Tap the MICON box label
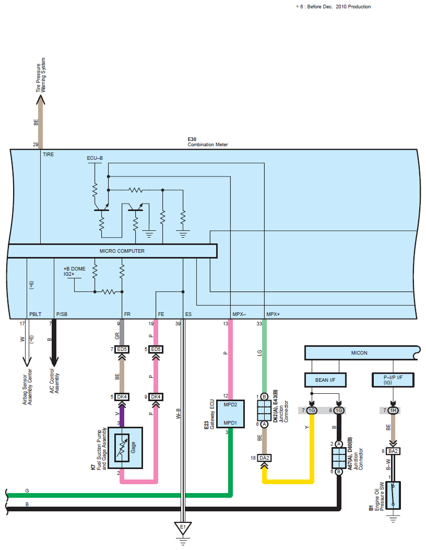coord(359,353)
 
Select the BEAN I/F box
coord(325,380)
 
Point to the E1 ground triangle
coord(183,527)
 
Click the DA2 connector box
coord(264,458)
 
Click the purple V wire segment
coord(121,414)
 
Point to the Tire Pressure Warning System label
coord(41,75)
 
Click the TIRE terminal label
coord(49,155)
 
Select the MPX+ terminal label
coord(273,314)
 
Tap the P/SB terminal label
coord(62,314)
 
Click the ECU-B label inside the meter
coord(96,157)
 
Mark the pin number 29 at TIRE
coord(35,144)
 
